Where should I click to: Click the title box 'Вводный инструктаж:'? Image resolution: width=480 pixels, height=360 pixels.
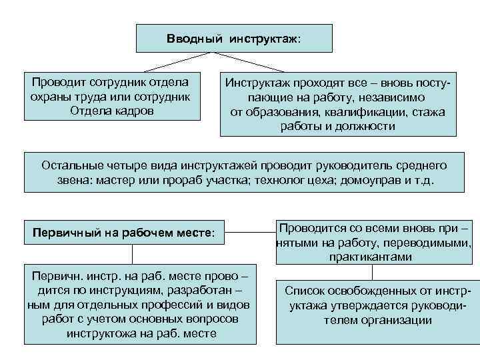pyautogui.click(x=234, y=38)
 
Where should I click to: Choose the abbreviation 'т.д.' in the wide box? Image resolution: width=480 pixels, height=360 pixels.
pyautogui.click(x=423, y=180)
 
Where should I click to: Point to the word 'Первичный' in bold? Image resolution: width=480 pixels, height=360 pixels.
pyautogui.click(x=65, y=234)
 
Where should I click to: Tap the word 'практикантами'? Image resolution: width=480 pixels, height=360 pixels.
pyautogui.click(x=373, y=256)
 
